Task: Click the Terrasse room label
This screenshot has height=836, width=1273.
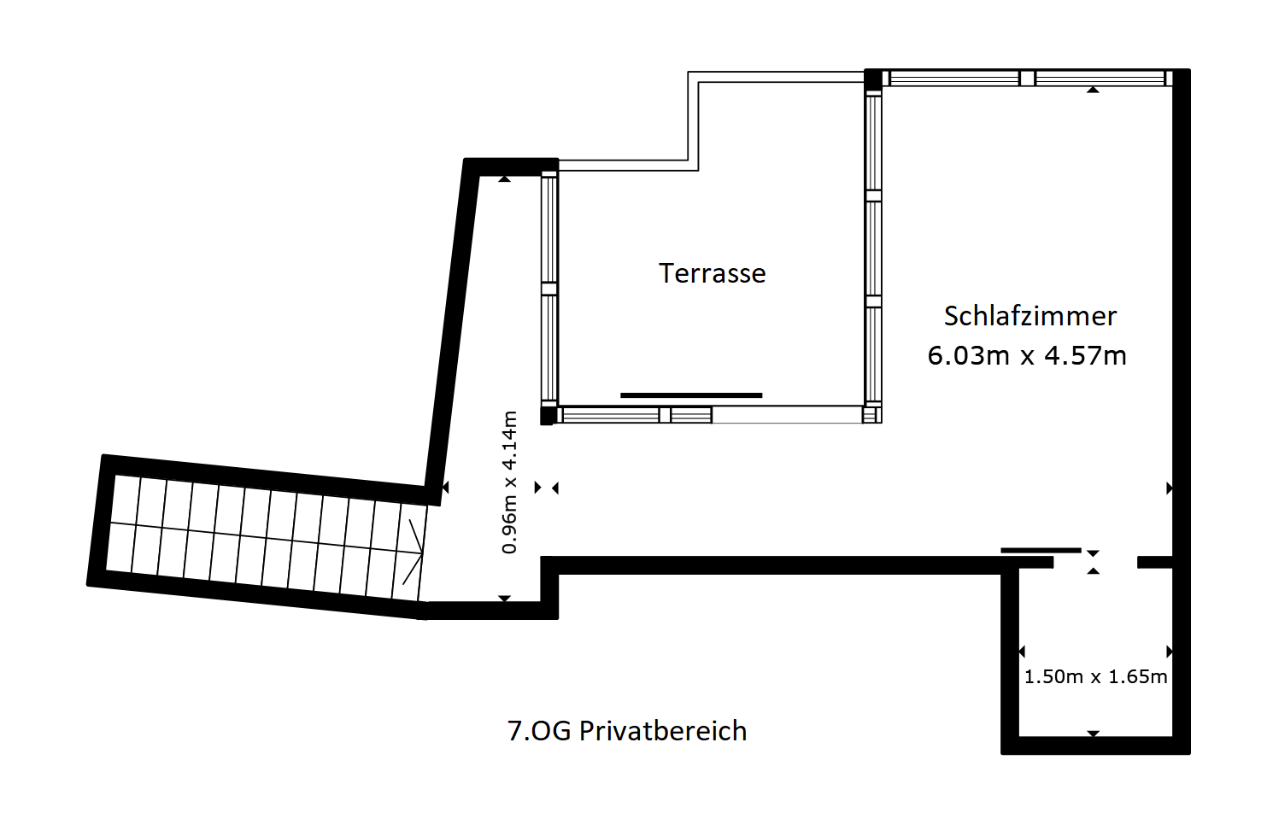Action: point(712,273)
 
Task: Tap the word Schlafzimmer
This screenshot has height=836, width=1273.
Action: point(1030,316)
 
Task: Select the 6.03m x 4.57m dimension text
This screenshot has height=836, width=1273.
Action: point(1027,356)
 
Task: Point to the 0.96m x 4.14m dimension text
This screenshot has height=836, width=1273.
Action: point(510,482)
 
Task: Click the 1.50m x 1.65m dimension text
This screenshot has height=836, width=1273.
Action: point(1095,676)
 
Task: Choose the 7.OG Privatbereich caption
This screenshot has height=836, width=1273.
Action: point(627,731)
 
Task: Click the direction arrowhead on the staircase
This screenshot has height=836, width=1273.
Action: point(414,552)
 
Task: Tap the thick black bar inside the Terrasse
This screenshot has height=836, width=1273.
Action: point(691,395)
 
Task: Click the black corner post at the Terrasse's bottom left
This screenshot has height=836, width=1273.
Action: point(548,415)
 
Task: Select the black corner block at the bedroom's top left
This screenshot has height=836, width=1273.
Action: point(873,79)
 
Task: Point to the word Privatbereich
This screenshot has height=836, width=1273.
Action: point(663,731)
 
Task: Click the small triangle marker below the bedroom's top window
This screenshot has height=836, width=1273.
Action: point(1093,90)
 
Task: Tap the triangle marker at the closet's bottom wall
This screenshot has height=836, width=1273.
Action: point(1093,734)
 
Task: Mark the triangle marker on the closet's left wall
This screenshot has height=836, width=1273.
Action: point(1021,651)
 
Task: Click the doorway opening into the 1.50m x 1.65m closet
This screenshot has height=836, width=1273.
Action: point(1095,562)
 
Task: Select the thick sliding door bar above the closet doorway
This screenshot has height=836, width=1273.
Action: point(1041,550)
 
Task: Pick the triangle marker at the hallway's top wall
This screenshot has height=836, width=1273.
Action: point(505,179)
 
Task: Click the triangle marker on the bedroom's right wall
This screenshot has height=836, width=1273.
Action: point(1170,488)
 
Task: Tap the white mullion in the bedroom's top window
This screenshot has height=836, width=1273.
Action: point(1027,78)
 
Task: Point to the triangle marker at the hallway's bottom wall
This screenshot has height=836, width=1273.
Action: point(505,599)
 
